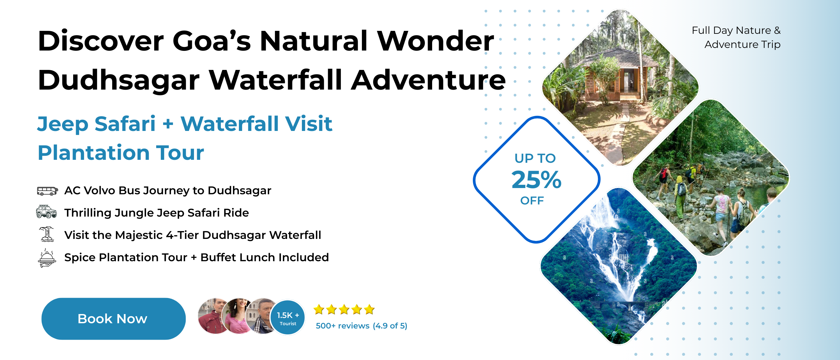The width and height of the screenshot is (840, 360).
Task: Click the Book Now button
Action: tap(114, 319)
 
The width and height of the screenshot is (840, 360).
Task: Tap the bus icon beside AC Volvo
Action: tap(47, 191)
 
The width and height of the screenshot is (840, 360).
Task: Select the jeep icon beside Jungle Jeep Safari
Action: tap(46, 212)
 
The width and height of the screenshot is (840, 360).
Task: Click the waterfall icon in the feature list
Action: tap(47, 234)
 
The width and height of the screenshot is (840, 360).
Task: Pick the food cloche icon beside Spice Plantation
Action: tap(47, 258)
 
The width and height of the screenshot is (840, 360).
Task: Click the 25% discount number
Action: tap(536, 180)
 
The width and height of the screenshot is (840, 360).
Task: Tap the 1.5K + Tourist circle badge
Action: tap(288, 318)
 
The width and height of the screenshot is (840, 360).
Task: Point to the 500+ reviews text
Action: tap(343, 326)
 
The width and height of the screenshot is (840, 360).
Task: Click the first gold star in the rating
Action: tap(319, 309)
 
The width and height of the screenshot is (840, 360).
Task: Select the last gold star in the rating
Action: tap(369, 309)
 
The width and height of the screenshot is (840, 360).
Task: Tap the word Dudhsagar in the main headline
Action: tap(119, 80)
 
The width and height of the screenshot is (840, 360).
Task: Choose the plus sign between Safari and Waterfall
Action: tap(168, 124)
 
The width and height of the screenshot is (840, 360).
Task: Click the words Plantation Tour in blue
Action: tap(121, 153)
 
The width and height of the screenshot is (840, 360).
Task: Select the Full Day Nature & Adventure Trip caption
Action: tap(736, 37)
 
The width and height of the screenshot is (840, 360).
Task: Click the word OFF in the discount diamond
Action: tap(532, 201)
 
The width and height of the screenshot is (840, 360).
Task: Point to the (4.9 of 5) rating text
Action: tap(390, 326)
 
